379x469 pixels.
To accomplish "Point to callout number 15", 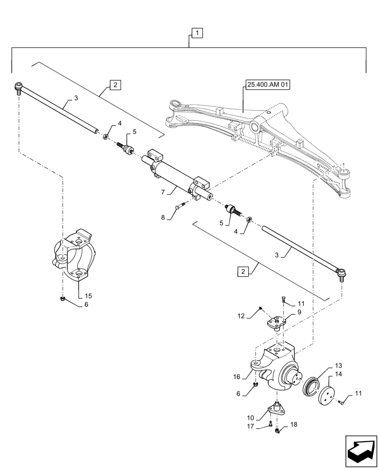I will (88, 296).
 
